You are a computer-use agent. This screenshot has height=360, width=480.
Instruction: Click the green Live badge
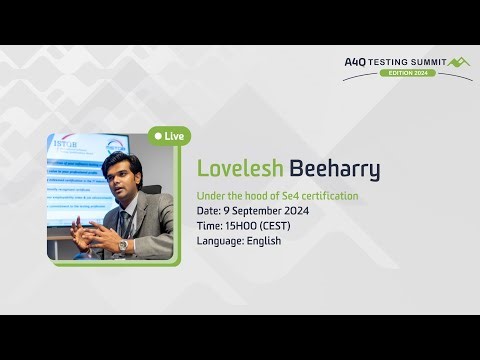(169, 135)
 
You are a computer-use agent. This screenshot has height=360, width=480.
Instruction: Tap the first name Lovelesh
(240, 169)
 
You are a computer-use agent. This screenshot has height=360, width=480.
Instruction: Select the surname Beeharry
(334, 169)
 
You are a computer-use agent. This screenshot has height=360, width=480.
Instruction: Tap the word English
(260, 241)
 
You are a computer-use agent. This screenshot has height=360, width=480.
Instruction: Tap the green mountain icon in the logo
(459, 62)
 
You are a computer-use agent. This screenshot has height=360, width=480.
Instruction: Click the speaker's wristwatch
(123, 244)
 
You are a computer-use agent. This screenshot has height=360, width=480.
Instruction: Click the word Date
(207, 211)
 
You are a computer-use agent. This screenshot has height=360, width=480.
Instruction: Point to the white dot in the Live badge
(158, 135)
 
